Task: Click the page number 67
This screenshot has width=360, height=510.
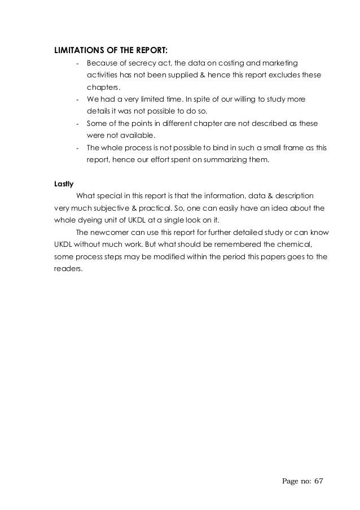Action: click(319, 481)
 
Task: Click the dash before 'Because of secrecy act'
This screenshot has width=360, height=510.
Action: click(77, 62)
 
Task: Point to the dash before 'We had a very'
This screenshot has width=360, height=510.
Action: click(77, 99)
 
